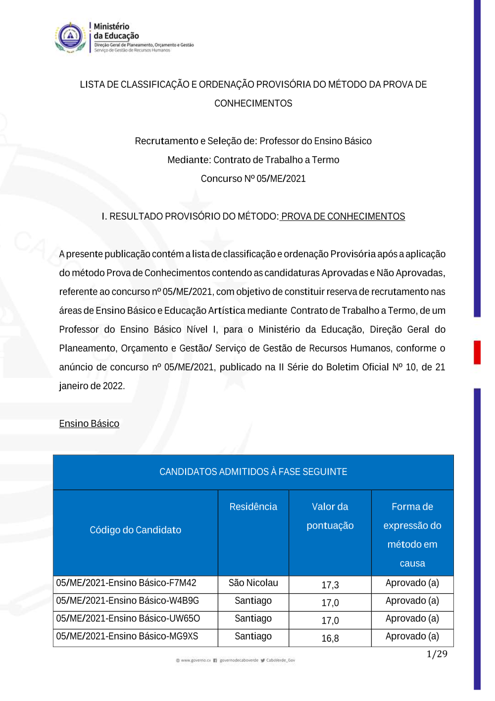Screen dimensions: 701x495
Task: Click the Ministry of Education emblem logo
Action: [71, 37]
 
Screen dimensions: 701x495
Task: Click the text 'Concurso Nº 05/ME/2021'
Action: [253, 178]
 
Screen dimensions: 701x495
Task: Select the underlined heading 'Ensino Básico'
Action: [89, 423]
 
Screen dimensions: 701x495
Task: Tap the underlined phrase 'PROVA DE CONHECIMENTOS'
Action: [343, 216]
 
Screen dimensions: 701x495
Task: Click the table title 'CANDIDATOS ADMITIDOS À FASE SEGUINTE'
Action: [253, 471]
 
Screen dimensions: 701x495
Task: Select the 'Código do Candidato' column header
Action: [135, 530]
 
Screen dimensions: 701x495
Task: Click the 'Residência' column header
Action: [253, 507]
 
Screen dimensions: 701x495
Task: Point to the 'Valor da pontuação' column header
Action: [330, 516]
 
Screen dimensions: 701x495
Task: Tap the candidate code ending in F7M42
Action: [126, 583]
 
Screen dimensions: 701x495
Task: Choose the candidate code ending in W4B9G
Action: [127, 601]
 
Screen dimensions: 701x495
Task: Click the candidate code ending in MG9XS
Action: [127, 637]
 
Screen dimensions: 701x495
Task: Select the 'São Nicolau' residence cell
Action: [253, 583]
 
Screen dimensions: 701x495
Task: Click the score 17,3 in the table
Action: [330, 585]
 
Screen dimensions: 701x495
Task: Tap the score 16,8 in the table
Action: [330, 639]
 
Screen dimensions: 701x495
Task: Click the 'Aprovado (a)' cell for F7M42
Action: [412, 583]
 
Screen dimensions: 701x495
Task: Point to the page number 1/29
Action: [437, 654]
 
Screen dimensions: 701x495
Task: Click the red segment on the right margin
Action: [477, 352]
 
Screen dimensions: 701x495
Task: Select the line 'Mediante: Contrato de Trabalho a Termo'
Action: [253, 160]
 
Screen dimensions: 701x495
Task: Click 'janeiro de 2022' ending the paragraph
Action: [92, 386]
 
